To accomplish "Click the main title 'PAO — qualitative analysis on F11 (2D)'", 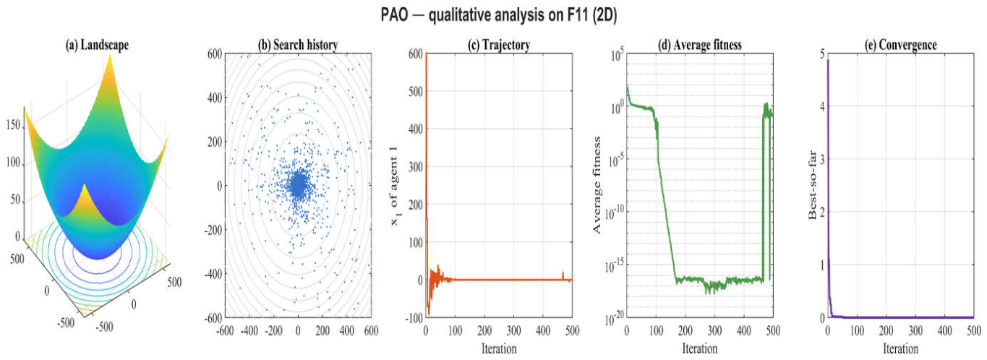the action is pyautogui.click(x=498, y=15).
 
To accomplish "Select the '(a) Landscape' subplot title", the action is pyautogui.click(x=97, y=45).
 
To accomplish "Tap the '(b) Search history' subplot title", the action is pyautogui.click(x=298, y=45).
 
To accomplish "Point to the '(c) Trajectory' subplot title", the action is pyautogui.click(x=498, y=45).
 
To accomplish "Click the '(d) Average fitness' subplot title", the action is pyautogui.click(x=699, y=45).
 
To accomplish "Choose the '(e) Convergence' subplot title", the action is pyautogui.click(x=900, y=45).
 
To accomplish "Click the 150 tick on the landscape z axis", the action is pyautogui.click(x=13, y=125).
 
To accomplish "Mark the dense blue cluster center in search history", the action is pyautogui.click(x=298, y=186).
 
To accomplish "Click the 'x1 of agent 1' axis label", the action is pyautogui.click(x=395, y=186).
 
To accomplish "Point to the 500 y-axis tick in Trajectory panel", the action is pyautogui.click(x=416, y=91).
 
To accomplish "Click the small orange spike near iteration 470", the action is pyautogui.click(x=563, y=275).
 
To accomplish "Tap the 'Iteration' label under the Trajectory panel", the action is pyautogui.click(x=499, y=349).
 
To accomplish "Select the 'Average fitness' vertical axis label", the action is pyautogui.click(x=597, y=185).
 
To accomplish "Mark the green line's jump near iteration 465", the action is pyautogui.click(x=763, y=194).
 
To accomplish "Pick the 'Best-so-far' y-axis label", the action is pyautogui.click(x=813, y=185).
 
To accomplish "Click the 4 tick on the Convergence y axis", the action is pyautogui.click(x=821, y=106).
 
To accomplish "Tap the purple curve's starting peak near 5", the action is pyautogui.click(x=828, y=60).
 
